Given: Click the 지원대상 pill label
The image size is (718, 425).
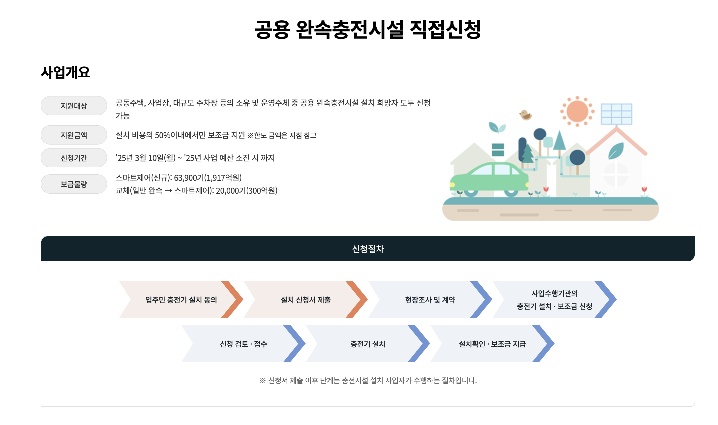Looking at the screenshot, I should (x=74, y=106).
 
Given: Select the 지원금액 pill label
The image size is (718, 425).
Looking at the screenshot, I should (x=74, y=135).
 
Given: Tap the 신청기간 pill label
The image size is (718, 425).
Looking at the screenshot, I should (x=74, y=158).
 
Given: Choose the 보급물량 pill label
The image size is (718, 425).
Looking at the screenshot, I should (x=74, y=184).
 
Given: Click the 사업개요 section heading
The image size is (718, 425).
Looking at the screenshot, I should (x=65, y=72).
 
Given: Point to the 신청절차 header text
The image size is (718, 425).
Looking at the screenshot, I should (x=368, y=249).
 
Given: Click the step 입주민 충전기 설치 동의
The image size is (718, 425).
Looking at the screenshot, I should (x=181, y=300).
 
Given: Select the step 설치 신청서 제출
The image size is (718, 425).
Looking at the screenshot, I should (x=305, y=300).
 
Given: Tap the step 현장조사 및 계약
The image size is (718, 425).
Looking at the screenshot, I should (x=430, y=300).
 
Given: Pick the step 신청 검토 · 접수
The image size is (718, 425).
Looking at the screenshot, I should (x=243, y=344).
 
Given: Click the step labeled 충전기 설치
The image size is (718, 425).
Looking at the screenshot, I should (x=368, y=344).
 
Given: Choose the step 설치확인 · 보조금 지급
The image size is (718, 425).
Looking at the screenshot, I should (x=492, y=344).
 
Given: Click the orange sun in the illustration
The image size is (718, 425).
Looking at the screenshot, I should (x=577, y=111).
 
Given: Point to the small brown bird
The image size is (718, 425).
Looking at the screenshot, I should (x=525, y=115).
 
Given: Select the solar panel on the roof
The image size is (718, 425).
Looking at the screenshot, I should (x=616, y=114).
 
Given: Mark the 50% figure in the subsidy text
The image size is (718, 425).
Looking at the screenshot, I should (x=162, y=135).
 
